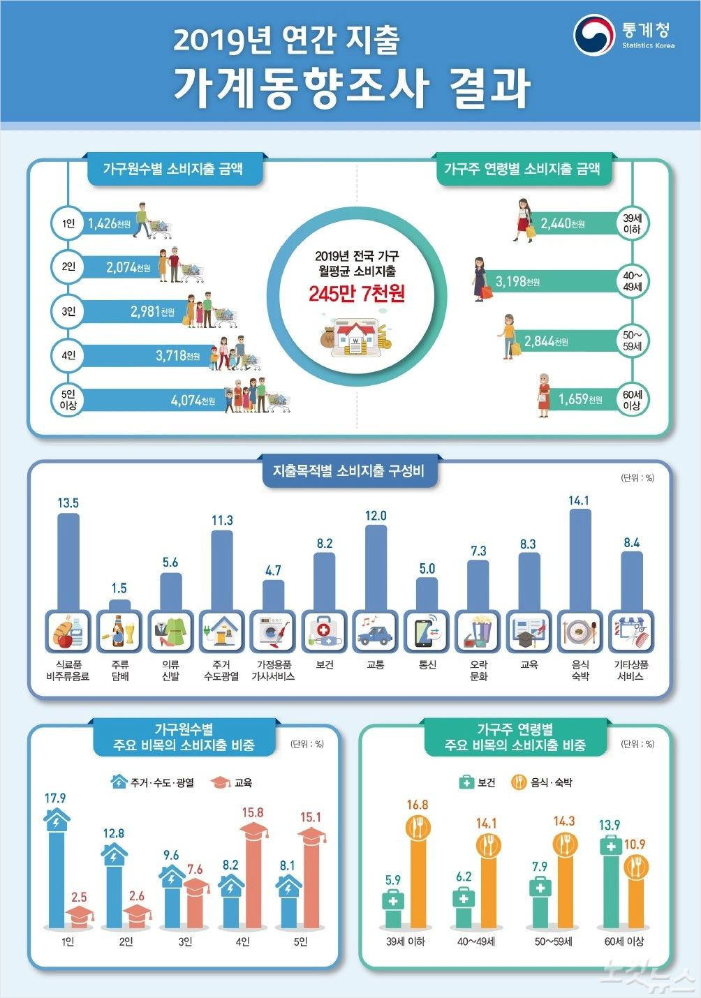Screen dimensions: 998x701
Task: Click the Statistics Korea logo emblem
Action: [593, 35]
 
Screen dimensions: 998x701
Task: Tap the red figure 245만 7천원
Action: [357, 294]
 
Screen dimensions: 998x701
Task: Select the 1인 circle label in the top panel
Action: [68, 223]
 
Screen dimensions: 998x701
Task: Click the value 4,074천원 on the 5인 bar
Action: [193, 401]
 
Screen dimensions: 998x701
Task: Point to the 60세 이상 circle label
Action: [632, 400]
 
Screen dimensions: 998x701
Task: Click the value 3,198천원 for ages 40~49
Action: [517, 282]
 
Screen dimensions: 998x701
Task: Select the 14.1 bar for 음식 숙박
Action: [580, 558]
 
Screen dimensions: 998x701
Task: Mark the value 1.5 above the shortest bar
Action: [119, 588]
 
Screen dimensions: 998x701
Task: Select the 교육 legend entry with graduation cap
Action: [232, 782]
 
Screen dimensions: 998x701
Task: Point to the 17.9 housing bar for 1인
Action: [56, 872]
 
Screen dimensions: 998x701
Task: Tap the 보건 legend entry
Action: [478, 782]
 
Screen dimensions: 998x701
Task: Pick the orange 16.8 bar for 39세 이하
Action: [418, 876]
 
